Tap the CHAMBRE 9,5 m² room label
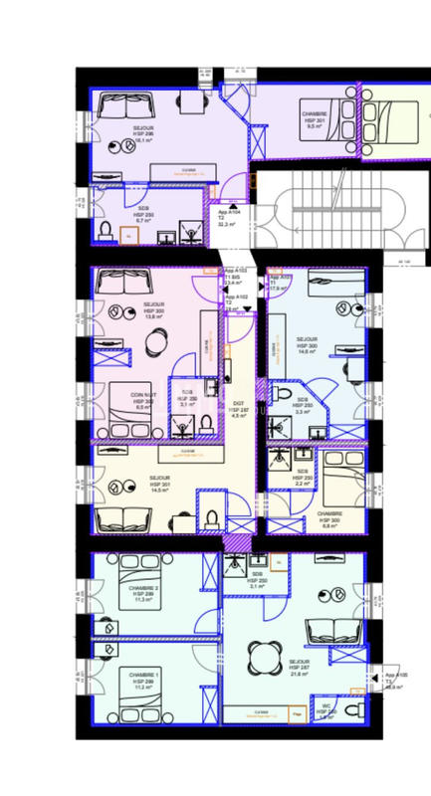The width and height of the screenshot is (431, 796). point(316,120)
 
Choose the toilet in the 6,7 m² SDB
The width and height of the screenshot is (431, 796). point(106,231)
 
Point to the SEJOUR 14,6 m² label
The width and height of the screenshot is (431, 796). point(307,344)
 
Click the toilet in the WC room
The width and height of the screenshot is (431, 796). point(324,709)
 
